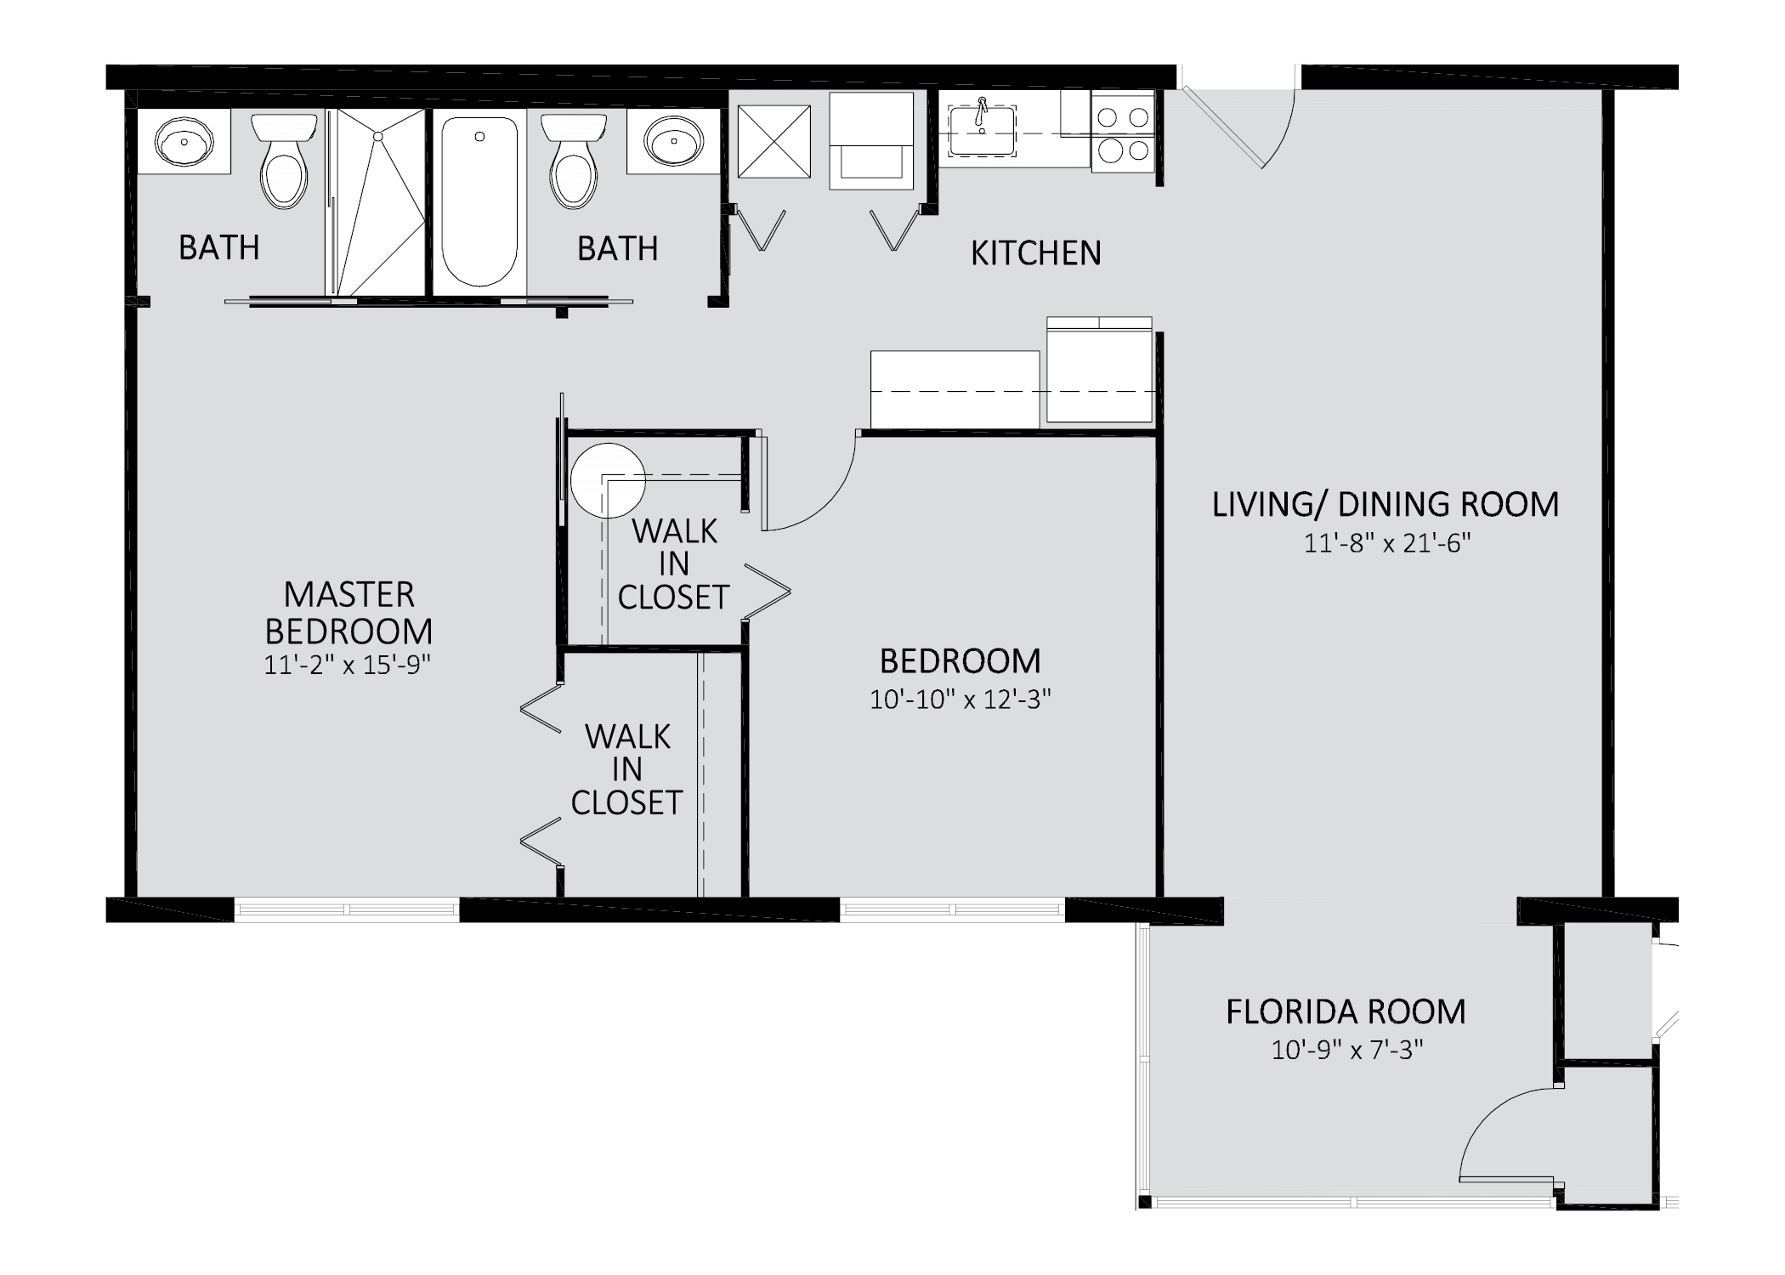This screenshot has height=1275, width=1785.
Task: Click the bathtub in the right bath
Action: point(479,201)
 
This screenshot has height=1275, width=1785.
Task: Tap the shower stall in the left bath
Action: point(377,201)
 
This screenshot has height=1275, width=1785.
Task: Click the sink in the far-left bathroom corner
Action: point(184,142)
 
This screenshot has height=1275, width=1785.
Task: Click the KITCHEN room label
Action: point(1035,253)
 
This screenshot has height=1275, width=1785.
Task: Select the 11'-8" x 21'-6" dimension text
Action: point(1387,543)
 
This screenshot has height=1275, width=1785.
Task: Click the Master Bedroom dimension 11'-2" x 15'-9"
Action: point(348,665)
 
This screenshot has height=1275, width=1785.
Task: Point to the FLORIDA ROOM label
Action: point(1346,1011)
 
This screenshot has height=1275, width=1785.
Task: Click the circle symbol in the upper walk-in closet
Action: point(607,480)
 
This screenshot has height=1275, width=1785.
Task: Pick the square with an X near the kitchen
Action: point(773,142)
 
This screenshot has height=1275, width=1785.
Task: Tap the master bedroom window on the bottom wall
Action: point(347,909)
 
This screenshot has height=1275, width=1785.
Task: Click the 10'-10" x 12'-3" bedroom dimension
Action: point(960,700)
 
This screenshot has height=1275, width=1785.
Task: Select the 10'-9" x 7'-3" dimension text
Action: point(1347,1051)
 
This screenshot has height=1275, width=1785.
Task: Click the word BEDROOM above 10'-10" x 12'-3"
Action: point(960,661)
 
